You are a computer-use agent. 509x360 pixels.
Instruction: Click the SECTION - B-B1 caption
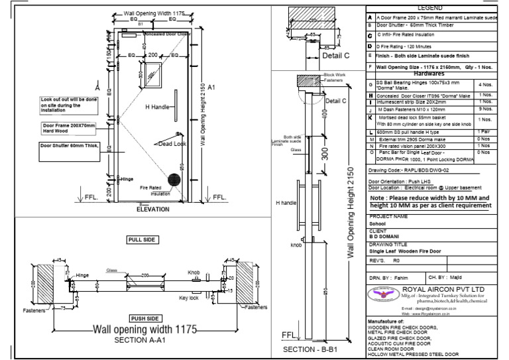[x=315, y=349]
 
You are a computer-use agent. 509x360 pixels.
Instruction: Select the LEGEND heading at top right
[x=436, y=7]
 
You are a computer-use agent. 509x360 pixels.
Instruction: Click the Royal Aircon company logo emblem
[x=387, y=293]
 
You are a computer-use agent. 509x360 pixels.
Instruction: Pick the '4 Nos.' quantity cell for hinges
[x=484, y=86]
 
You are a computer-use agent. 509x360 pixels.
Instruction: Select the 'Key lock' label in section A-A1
[x=189, y=298]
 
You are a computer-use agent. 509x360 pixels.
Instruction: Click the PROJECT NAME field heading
[x=389, y=216]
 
